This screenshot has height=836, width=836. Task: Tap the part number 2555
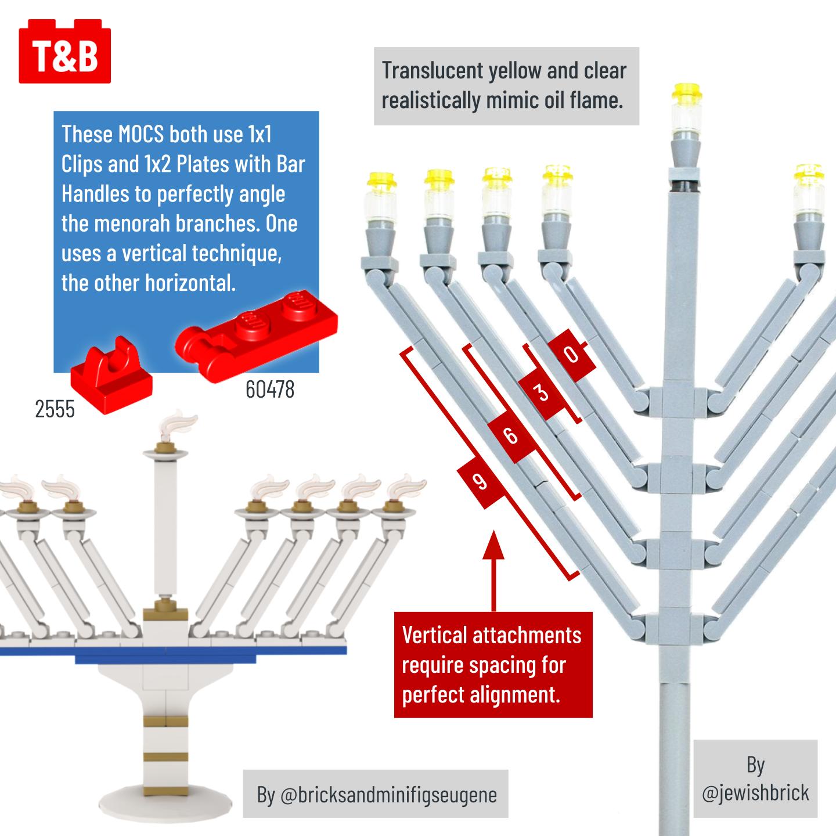tap(55, 410)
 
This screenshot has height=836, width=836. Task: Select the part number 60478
tap(269, 390)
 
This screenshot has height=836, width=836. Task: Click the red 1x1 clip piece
tap(111, 377)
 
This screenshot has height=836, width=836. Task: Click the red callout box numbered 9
tap(480, 481)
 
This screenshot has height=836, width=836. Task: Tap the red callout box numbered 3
tap(542, 393)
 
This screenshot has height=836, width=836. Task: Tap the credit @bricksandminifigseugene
tap(377, 794)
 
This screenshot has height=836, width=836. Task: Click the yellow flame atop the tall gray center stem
tap(687, 93)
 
